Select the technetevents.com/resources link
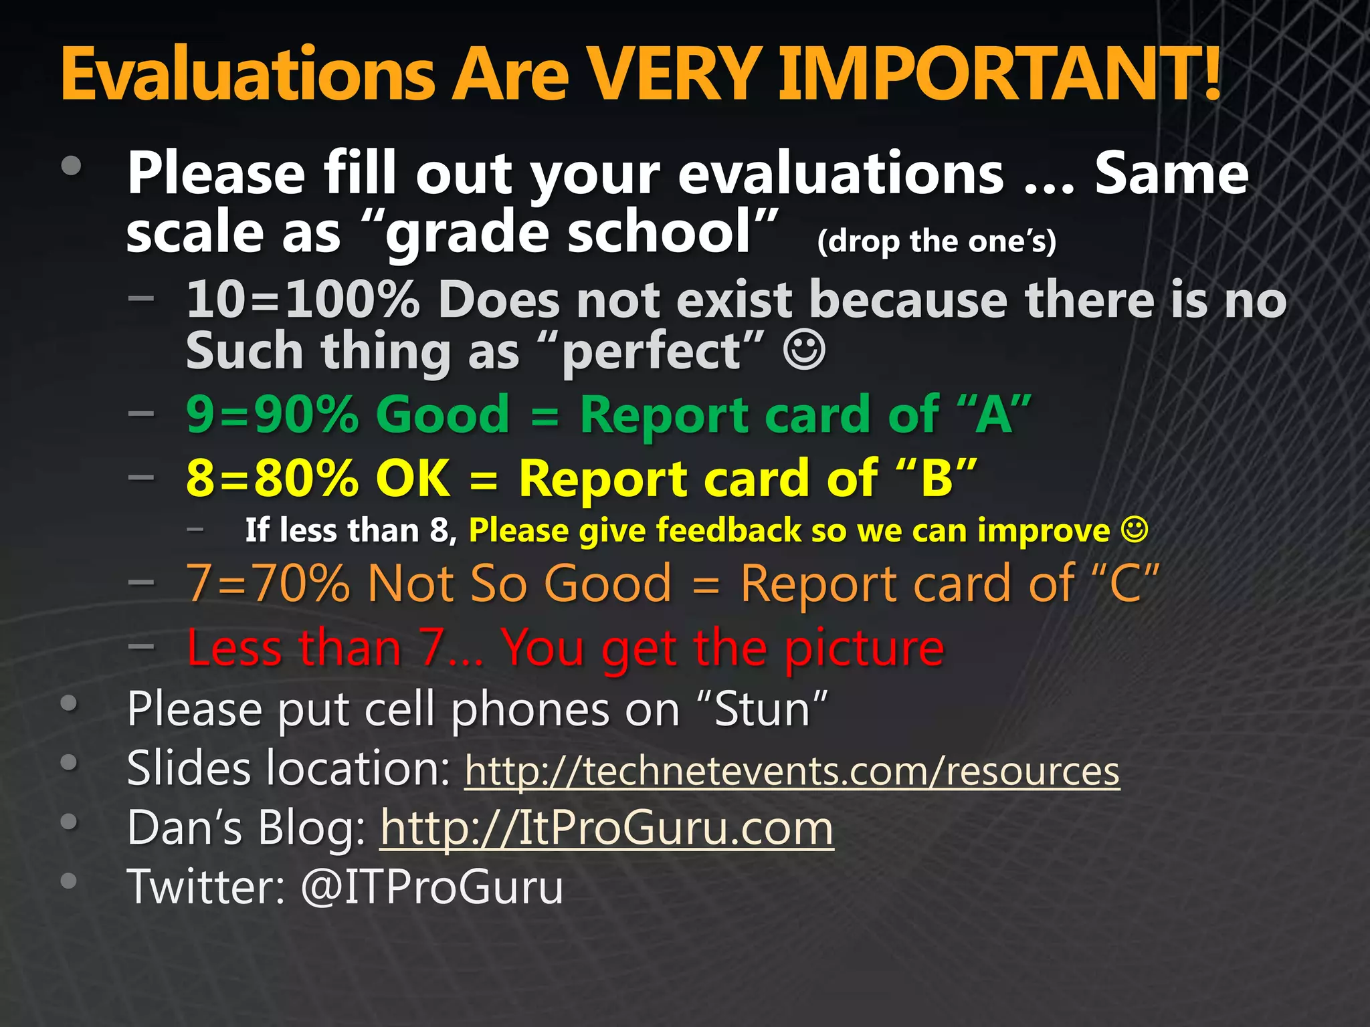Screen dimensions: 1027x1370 [792, 771]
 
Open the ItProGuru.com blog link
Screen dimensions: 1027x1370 [607, 828]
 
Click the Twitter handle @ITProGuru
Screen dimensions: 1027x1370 [432, 887]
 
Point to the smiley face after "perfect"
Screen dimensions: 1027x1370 [804, 350]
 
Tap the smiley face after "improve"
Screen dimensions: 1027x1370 [1135, 530]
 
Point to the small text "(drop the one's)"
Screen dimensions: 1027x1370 [937, 241]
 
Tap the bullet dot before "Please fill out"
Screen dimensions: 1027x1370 [71, 166]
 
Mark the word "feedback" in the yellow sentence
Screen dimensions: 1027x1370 [728, 530]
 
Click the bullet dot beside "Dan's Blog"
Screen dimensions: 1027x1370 [69, 821]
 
